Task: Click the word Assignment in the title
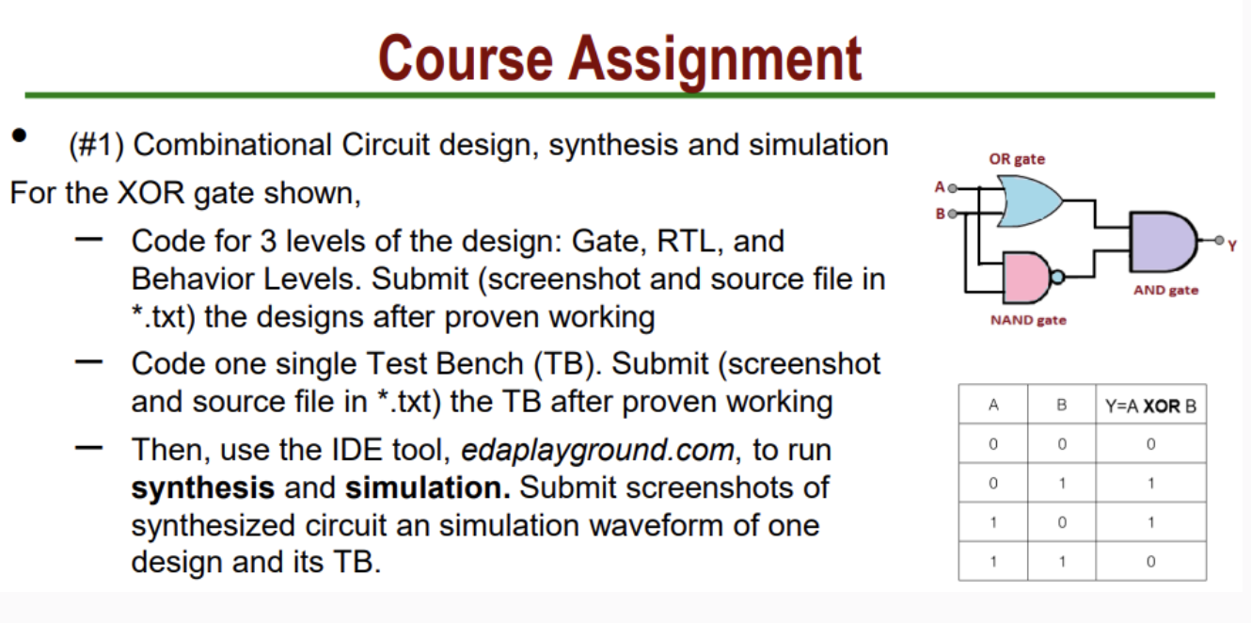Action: (x=717, y=58)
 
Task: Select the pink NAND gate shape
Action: (x=1026, y=276)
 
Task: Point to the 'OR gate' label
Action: (x=1016, y=159)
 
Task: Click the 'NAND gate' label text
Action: (x=1028, y=320)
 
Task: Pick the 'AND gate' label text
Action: (x=1165, y=290)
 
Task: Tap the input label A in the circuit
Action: (x=938, y=186)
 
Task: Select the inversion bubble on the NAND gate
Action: (x=1058, y=277)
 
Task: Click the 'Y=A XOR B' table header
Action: (x=1150, y=407)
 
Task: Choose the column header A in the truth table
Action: (x=993, y=407)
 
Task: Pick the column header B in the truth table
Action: (x=1062, y=407)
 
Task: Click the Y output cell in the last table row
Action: (x=1150, y=562)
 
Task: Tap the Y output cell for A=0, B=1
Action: (x=1150, y=484)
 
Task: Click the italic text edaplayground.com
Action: (x=597, y=451)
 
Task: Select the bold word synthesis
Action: (x=202, y=488)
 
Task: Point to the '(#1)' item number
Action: (x=97, y=145)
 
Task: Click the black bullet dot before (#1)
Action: (x=19, y=135)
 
